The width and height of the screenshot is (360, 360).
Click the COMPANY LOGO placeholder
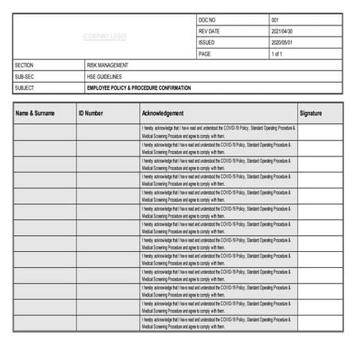105,37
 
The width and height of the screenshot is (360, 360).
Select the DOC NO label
207,20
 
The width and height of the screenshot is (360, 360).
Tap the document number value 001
275,20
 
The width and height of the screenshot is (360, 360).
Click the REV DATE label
209,31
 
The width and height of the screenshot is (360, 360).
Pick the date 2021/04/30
282,31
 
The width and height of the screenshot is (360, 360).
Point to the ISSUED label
207,42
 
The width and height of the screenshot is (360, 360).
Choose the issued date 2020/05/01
282,42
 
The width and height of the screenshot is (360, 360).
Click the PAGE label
205,54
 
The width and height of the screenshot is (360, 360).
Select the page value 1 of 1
277,54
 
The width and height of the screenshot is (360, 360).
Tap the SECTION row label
25,65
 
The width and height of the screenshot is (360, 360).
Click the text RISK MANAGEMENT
108,65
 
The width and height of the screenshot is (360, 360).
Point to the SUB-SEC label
25,76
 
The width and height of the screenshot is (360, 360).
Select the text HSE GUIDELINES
103,76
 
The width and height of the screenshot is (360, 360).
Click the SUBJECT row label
25,87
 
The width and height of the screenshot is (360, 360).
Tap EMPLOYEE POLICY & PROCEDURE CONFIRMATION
139,87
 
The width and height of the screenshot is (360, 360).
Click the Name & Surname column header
36,114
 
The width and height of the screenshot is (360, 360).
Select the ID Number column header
91,114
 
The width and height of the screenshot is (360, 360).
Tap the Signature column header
311,114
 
